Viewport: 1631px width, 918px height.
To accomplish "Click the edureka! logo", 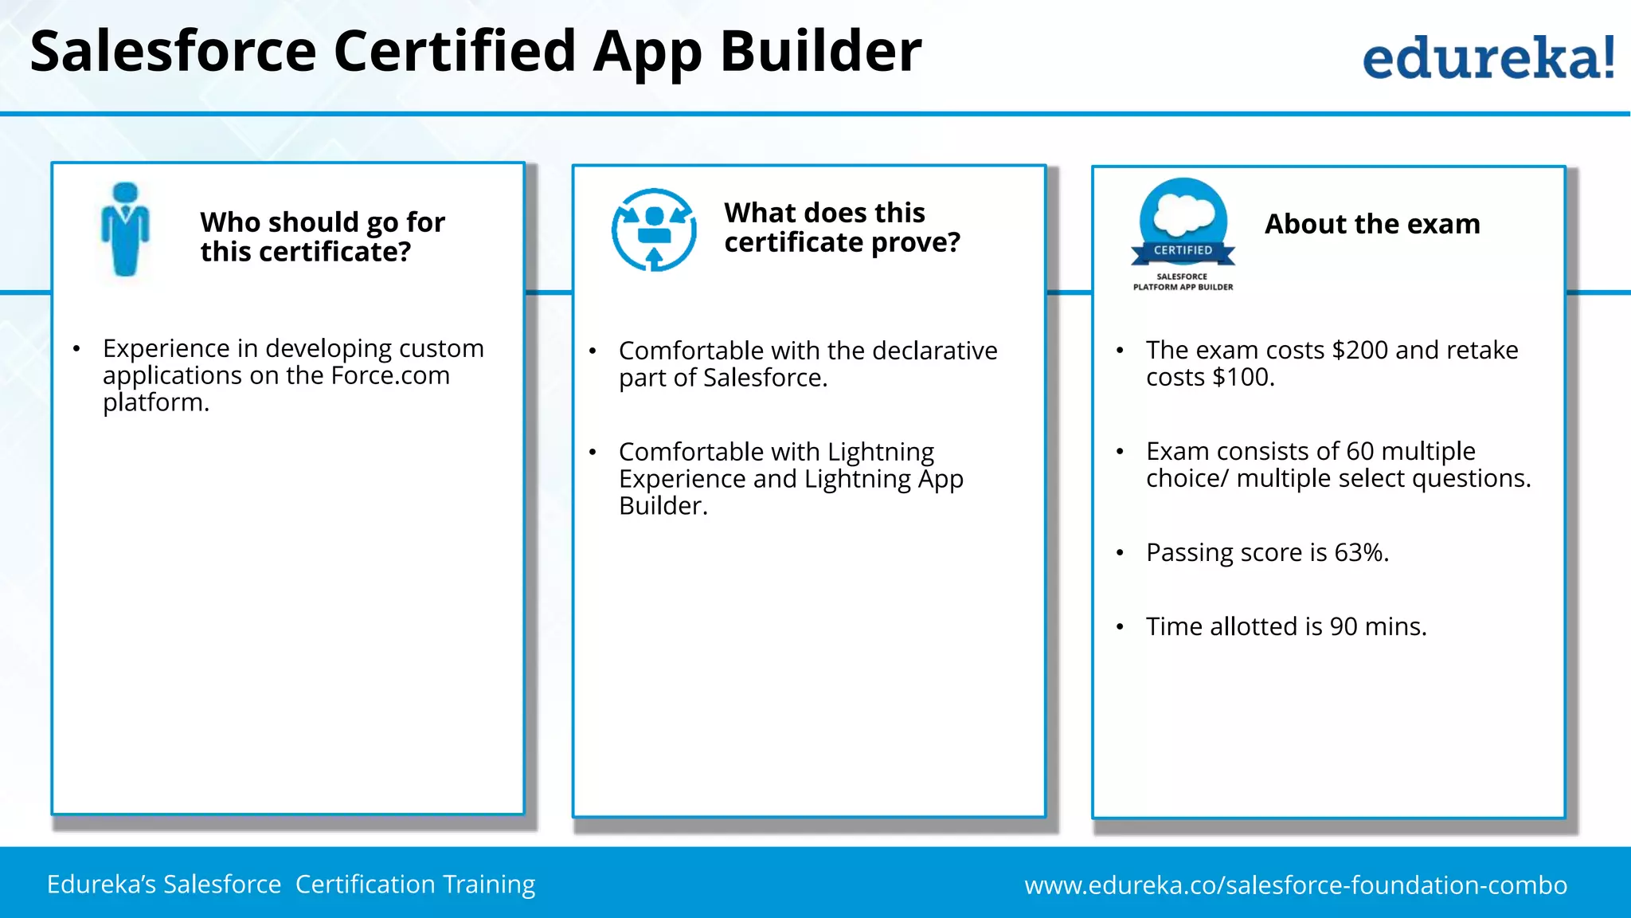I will coord(1488,57).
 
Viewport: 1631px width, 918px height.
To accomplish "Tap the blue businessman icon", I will coord(125,229).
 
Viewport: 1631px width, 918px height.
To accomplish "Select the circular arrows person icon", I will coord(654,229).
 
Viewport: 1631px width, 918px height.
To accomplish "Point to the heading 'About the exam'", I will coord(1372,224).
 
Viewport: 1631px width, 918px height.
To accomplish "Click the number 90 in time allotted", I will coord(1344,626).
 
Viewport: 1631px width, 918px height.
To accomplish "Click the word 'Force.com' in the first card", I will coord(390,375).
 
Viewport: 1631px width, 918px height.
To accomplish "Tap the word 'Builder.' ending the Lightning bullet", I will coord(663,505).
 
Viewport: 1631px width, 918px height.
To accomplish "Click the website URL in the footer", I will coord(1296,885).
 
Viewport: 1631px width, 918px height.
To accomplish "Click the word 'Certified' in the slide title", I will coord(455,51).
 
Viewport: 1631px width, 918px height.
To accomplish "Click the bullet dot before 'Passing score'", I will coord(1120,553).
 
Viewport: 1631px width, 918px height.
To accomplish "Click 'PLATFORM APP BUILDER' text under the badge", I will coord(1183,287).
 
